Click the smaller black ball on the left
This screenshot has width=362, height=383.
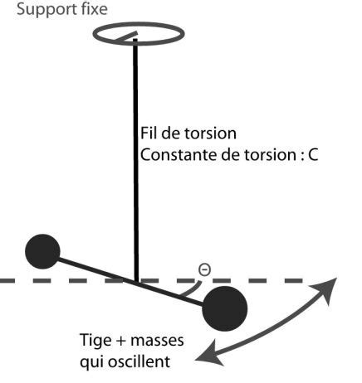click(x=42, y=250)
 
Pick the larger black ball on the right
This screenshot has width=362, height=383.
click(x=225, y=308)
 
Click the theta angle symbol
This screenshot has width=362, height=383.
click(x=204, y=269)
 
